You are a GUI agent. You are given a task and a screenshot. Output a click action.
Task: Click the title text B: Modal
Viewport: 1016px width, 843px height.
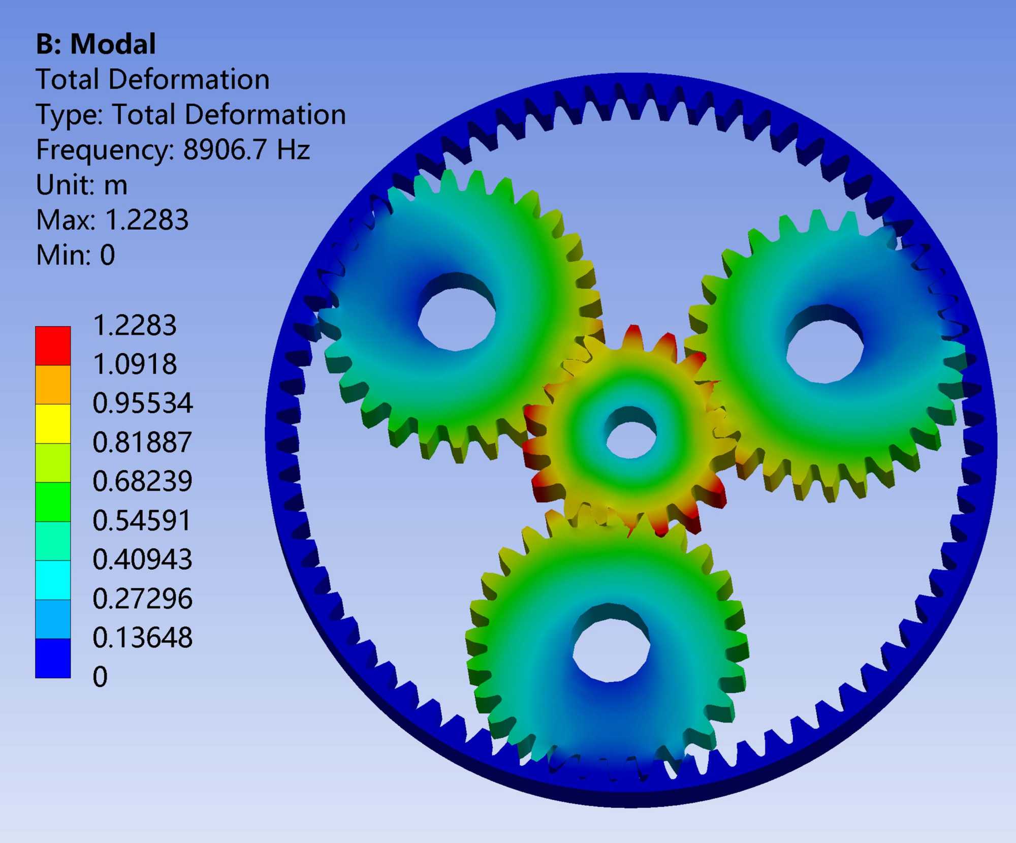pos(96,44)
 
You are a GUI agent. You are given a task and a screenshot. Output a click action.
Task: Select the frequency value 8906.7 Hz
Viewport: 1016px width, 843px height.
pos(246,149)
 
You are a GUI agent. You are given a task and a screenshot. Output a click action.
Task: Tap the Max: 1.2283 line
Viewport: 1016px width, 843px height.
pos(112,220)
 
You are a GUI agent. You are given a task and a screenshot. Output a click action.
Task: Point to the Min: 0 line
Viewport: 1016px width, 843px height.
pos(76,255)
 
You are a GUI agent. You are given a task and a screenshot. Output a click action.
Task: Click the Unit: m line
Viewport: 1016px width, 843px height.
pos(82,184)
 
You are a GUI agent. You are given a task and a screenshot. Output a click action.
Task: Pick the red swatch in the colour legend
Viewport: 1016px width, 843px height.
pos(53,346)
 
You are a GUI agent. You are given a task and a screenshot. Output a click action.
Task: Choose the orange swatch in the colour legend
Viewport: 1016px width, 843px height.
pos(53,385)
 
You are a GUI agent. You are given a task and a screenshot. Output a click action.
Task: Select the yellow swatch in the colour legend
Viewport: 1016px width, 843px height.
pos(53,424)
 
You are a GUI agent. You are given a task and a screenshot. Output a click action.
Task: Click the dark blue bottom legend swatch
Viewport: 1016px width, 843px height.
pos(53,658)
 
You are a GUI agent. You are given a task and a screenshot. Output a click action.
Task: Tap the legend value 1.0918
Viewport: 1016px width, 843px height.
pos(135,364)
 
